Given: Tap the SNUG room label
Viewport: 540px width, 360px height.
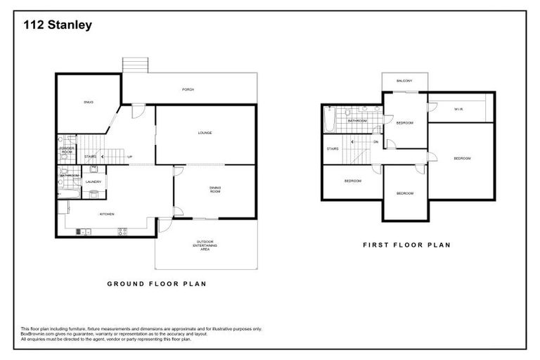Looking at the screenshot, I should pos(89,103).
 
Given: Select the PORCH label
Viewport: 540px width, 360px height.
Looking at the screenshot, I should pos(188,89).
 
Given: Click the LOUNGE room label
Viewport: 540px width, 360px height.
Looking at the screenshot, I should pos(205,132).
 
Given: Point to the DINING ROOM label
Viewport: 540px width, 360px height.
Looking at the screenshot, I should pos(215,189).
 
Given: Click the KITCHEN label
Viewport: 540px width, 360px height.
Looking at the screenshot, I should pos(107,214).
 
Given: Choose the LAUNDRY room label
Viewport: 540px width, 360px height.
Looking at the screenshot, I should pos(94,181).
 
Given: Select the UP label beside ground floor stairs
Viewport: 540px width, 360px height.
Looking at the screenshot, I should pos(129,156).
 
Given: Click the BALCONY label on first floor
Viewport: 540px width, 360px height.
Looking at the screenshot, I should pos(404,81).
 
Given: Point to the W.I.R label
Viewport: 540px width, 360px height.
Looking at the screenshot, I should pos(458,109).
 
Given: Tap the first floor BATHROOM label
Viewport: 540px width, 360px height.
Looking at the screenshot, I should pos(357,120).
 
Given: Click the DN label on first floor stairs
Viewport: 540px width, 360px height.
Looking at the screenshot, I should pos(376,141).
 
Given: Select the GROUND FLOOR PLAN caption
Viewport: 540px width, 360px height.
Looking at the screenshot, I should pos(155,284).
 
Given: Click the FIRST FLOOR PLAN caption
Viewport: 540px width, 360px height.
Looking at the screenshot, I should pos(406,245).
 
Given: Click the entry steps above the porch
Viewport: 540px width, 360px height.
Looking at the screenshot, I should pos(135,65).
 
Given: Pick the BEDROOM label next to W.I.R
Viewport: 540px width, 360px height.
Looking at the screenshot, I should pos(462,158).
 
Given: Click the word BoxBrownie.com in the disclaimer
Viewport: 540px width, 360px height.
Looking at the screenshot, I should pos(35,334).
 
